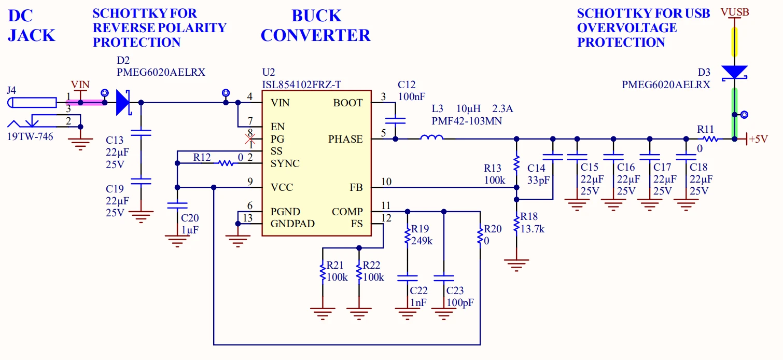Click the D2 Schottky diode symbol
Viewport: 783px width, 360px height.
[x=123, y=103]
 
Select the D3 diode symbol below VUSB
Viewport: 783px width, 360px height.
[x=734, y=73]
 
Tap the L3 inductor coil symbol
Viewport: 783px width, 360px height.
[x=431, y=139]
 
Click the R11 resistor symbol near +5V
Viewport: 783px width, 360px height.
[x=710, y=139]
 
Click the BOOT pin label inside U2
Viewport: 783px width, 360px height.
[x=348, y=103]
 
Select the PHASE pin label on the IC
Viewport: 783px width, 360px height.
[x=345, y=139]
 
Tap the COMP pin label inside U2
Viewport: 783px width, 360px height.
[x=347, y=212]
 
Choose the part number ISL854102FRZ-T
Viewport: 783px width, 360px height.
[x=302, y=85]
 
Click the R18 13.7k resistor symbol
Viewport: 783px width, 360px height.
[x=516, y=225]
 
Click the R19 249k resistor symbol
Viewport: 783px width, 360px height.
[x=407, y=236]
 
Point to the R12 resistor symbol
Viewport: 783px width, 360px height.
[x=225, y=163]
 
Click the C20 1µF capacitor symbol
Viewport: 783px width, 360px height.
[x=177, y=206]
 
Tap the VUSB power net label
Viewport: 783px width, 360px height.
[x=734, y=12]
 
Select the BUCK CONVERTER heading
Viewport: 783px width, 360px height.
[x=315, y=26]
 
